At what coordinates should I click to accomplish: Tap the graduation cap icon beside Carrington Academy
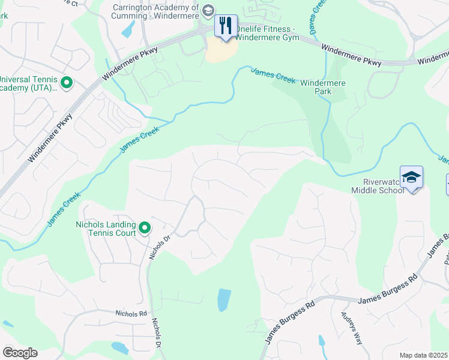point(208,10)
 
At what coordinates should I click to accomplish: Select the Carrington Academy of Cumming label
point(155,11)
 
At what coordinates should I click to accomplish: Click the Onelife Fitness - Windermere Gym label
point(266,32)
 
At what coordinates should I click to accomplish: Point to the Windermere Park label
point(324,88)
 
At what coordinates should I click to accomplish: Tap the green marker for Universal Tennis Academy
point(67,83)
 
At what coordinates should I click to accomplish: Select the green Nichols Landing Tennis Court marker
point(145,228)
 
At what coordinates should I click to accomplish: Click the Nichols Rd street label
point(131,313)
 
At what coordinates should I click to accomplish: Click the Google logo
point(20,352)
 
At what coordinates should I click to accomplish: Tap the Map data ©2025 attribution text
point(423,355)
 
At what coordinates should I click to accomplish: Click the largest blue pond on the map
point(223,300)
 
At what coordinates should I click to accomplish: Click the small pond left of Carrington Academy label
point(128,29)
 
